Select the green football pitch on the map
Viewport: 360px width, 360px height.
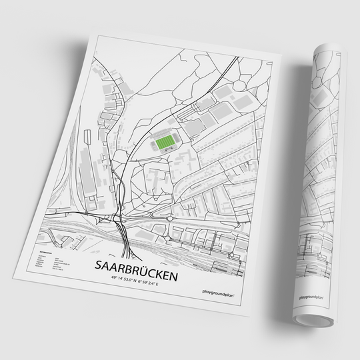[165, 141]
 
